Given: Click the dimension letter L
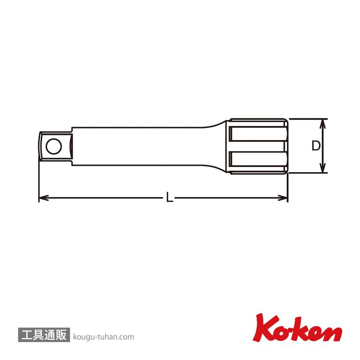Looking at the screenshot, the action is [170, 197].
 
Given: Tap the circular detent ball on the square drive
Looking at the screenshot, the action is [54, 146].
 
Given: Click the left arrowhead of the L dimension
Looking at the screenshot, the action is [44, 198].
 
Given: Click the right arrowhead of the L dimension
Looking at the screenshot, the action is [283, 198].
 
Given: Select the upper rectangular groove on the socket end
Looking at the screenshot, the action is [258, 134].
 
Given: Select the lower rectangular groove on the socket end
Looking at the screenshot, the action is [258, 158].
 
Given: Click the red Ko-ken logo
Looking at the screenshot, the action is [297, 328].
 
